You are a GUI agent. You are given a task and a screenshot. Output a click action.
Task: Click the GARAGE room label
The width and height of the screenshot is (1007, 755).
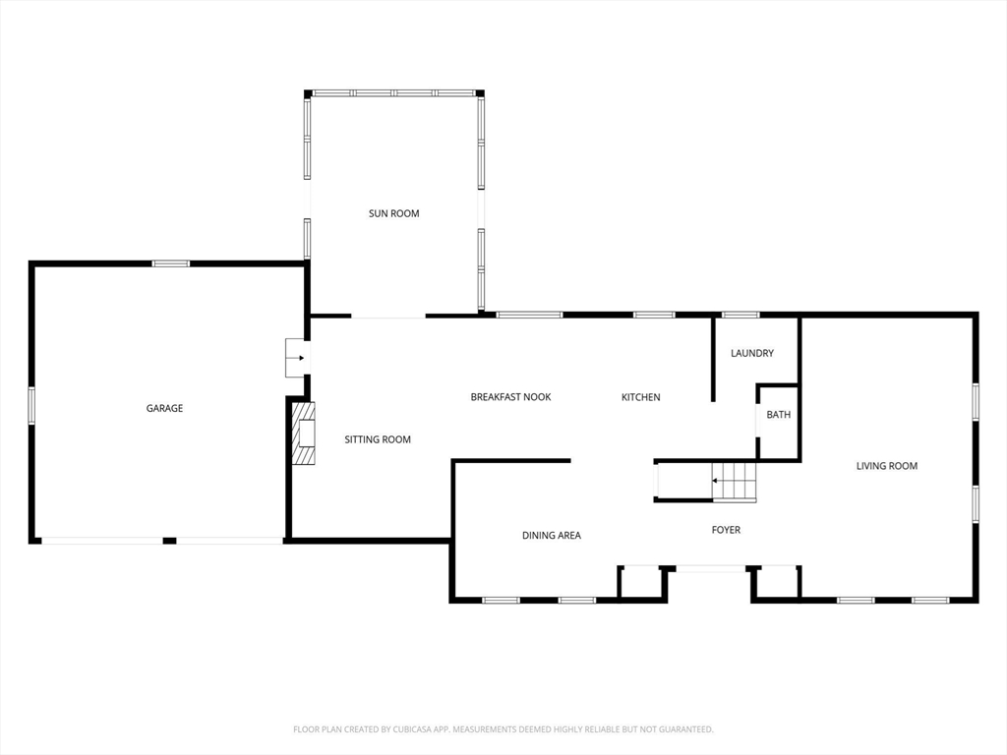pyautogui.click(x=164, y=408)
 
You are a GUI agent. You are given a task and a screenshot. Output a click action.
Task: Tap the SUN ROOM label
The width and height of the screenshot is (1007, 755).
pyautogui.click(x=393, y=213)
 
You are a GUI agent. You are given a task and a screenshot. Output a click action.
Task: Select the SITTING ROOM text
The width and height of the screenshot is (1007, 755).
pyautogui.click(x=378, y=439)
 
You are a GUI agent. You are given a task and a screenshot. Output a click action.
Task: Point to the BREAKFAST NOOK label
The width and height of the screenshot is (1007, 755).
pyautogui.click(x=510, y=397)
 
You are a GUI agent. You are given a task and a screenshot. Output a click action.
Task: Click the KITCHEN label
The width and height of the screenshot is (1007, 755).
pyautogui.click(x=640, y=397)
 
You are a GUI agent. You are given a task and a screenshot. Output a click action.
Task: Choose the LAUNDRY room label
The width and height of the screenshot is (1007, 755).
pyautogui.click(x=752, y=353)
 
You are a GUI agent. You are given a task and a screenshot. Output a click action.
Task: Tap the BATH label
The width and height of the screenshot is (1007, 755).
pyautogui.click(x=778, y=415)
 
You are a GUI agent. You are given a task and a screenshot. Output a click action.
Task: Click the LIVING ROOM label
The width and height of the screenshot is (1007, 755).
pyautogui.click(x=886, y=466)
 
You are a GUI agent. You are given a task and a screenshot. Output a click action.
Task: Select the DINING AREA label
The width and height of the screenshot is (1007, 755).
pyautogui.click(x=551, y=536)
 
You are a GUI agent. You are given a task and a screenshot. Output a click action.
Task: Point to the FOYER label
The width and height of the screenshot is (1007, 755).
pyautogui.click(x=726, y=530)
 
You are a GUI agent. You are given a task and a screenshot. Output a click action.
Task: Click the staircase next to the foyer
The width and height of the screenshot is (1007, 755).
pyautogui.click(x=734, y=482)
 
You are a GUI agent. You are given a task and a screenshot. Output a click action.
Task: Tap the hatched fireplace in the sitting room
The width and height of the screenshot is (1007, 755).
pyautogui.click(x=305, y=433)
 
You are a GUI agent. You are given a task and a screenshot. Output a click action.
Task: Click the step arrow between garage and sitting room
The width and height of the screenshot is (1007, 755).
pyautogui.click(x=296, y=358)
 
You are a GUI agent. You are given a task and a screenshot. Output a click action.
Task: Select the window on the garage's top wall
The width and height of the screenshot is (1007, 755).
pyautogui.click(x=170, y=263)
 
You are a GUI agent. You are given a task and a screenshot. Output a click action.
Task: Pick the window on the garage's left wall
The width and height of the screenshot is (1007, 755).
pyautogui.click(x=31, y=405)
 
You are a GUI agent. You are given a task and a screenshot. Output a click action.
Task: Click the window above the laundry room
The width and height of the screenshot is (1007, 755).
pyautogui.click(x=740, y=315)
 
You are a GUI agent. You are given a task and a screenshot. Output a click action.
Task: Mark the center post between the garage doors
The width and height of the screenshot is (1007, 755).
pyautogui.click(x=169, y=541)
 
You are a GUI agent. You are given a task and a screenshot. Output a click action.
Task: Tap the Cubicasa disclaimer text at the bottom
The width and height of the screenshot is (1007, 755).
pyautogui.click(x=503, y=729)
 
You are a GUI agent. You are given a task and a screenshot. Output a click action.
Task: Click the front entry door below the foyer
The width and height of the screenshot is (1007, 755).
pyautogui.click(x=710, y=568)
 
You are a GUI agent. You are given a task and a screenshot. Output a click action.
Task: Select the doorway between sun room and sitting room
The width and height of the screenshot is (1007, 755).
pyautogui.click(x=387, y=317)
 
